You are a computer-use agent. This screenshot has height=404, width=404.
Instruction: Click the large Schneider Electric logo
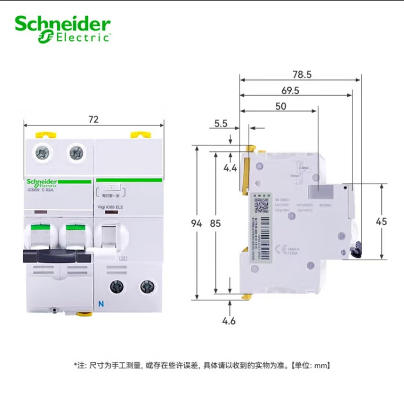coord(62,28)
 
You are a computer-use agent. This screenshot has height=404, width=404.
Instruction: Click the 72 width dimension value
coord(93,120)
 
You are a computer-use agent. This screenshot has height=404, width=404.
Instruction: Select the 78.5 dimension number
coord(301,75)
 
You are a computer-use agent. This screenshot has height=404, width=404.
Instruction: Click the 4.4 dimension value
coord(231,168)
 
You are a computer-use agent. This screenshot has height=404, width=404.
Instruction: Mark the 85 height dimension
coord(216,224)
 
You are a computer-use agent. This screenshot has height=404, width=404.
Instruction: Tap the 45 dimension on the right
coord(382,221)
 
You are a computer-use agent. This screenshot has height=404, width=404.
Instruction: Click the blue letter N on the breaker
coord(99,304)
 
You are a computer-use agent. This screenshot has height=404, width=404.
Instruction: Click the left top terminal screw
coord(39,151)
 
